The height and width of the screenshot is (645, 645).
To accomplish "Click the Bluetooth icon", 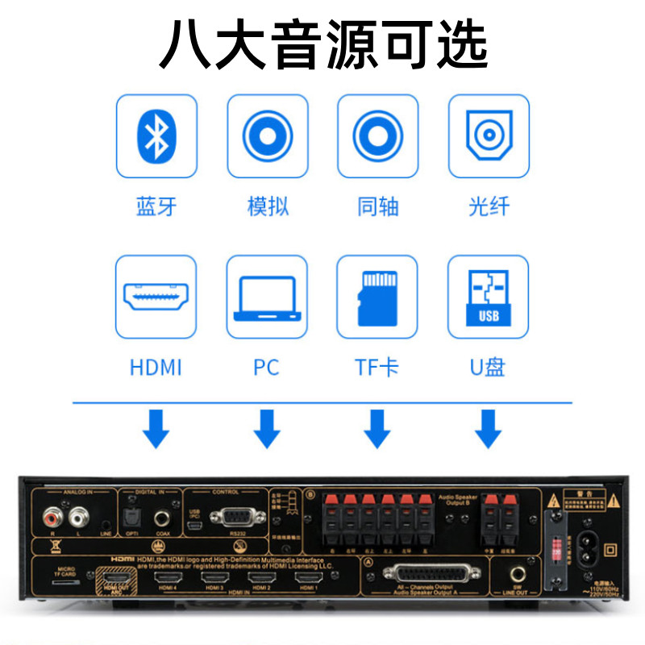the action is coord(156,135).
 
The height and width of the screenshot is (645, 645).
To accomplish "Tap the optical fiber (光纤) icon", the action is coord(489,135).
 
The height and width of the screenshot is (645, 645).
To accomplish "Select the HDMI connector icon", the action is coord(156,297).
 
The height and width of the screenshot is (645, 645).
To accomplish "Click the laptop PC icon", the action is coord(266,297).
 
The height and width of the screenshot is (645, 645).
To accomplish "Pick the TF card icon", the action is coord(377,297).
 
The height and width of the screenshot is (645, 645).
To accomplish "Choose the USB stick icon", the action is coord(489,297).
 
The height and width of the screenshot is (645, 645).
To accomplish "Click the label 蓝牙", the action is coord(156,207).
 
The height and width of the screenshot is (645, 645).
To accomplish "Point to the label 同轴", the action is coord(377,207).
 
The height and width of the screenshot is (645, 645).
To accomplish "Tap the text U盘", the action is coord(489,368).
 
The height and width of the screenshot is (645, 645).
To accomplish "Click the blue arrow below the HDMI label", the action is coord(156,429).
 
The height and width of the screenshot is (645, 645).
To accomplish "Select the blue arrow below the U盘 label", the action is coord(489,429).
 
